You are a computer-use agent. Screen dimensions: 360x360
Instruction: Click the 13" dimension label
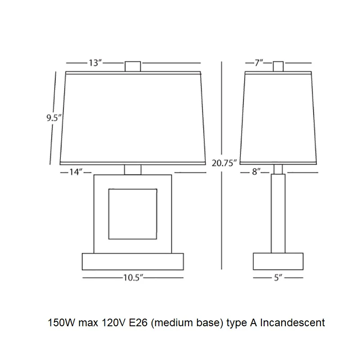tap(95, 63)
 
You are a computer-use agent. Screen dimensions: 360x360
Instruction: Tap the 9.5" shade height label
tap(54, 118)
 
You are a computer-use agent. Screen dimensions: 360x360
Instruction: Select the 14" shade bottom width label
tap(76, 172)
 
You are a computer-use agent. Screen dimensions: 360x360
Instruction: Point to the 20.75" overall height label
tap(224, 163)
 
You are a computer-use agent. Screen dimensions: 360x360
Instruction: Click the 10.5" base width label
tap(133, 278)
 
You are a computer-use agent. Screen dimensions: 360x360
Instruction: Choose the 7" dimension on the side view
tap(259, 63)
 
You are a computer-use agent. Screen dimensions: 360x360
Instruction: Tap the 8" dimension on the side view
tap(256, 172)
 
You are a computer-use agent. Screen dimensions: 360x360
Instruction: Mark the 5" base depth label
tap(278, 278)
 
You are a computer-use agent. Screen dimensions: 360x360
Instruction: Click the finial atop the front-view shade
tap(133, 66)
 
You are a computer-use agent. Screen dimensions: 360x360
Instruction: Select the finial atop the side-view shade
tap(278, 66)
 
